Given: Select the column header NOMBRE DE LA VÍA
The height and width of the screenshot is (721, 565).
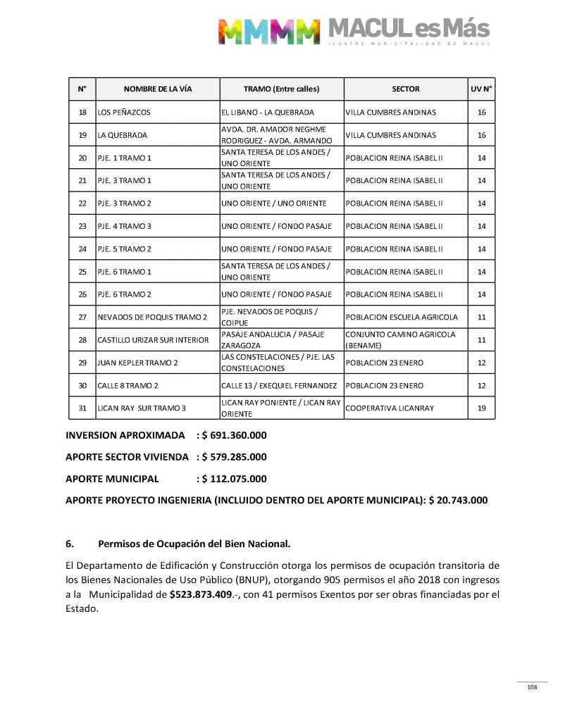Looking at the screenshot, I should pyautogui.click(x=158, y=89).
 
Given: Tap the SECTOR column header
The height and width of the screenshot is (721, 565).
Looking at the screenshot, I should pyautogui.click(x=405, y=89).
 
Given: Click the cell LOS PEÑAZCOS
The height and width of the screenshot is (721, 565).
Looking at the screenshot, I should pyautogui.click(x=124, y=113).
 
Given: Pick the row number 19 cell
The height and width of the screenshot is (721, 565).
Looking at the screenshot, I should pyautogui.click(x=82, y=135).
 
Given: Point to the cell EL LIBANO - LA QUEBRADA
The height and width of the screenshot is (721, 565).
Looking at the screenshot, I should pyautogui.click(x=268, y=113).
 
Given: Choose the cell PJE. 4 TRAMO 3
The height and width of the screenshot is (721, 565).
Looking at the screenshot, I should pyautogui.click(x=125, y=226).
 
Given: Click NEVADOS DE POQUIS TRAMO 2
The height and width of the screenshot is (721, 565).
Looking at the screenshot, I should pyautogui.click(x=152, y=318).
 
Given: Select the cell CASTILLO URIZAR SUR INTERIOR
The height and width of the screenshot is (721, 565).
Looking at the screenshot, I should pyautogui.click(x=153, y=340).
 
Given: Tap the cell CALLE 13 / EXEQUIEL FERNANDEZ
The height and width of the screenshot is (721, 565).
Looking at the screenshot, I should pyautogui.click(x=279, y=386).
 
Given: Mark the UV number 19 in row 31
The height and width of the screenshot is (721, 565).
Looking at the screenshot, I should pyautogui.click(x=482, y=408).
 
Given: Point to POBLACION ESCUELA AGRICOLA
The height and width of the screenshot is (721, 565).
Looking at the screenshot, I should pyautogui.click(x=402, y=318).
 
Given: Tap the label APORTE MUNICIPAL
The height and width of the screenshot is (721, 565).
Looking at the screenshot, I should pyautogui.click(x=112, y=479).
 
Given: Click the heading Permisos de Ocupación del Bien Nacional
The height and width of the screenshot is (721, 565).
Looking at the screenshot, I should pyautogui.click(x=194, y=544).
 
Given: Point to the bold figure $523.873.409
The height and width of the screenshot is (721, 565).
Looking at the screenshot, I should pyautogui.click(x=210, y=595).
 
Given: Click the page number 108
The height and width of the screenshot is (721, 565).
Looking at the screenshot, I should pyautogui.click(x=532, y=687).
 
